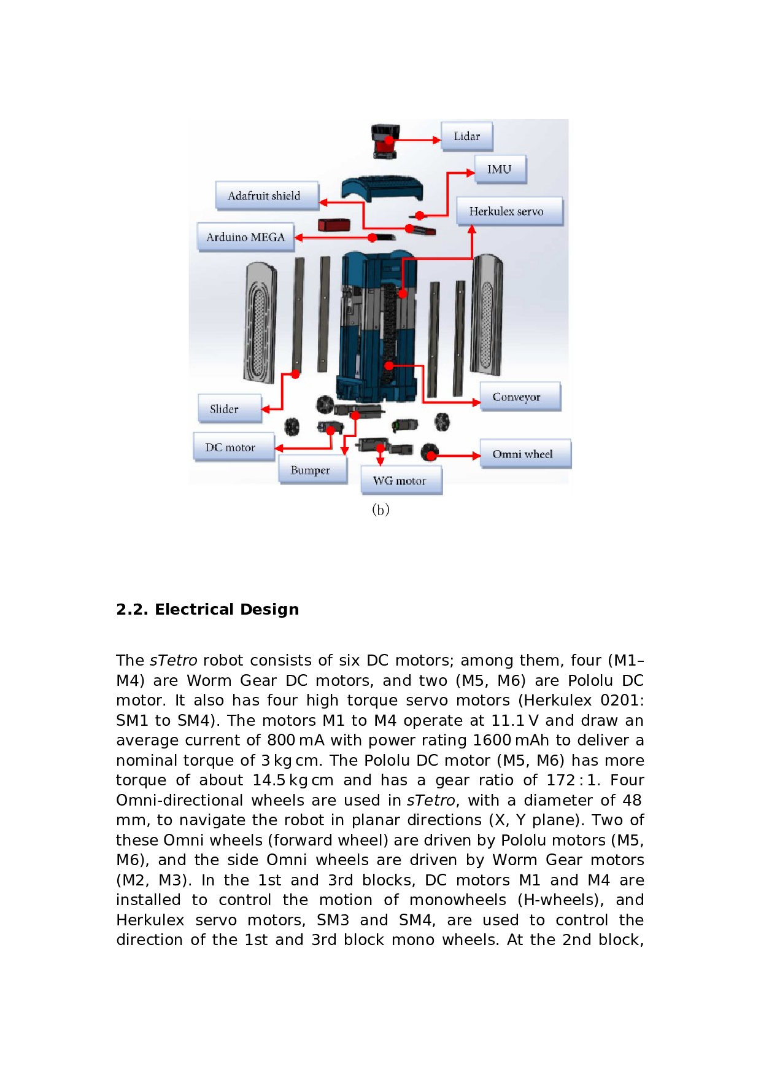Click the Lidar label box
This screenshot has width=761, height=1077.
[466, 136]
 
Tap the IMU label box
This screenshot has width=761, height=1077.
[500, 169]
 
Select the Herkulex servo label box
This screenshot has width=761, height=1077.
[509, 211]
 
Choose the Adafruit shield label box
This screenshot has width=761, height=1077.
[266, 196]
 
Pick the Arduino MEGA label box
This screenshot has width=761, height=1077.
[245, 237]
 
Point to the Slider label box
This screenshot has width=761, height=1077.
[230, 409]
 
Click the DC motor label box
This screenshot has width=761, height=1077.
[233, 448]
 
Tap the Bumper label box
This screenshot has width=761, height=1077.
[312, 470]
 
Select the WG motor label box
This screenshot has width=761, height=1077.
[401, 481]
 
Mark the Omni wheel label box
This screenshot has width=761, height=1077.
[525, 454]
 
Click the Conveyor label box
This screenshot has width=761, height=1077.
[520, 397]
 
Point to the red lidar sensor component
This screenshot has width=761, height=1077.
[385, 141]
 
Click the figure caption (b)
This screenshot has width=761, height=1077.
[381, 510]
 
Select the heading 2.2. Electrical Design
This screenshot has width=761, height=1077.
[207, 609]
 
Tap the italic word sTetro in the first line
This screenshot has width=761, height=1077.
[174, 660]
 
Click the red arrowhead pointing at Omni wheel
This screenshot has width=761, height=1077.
[476, 456]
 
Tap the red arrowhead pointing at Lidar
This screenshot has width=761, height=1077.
[436, 140]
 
